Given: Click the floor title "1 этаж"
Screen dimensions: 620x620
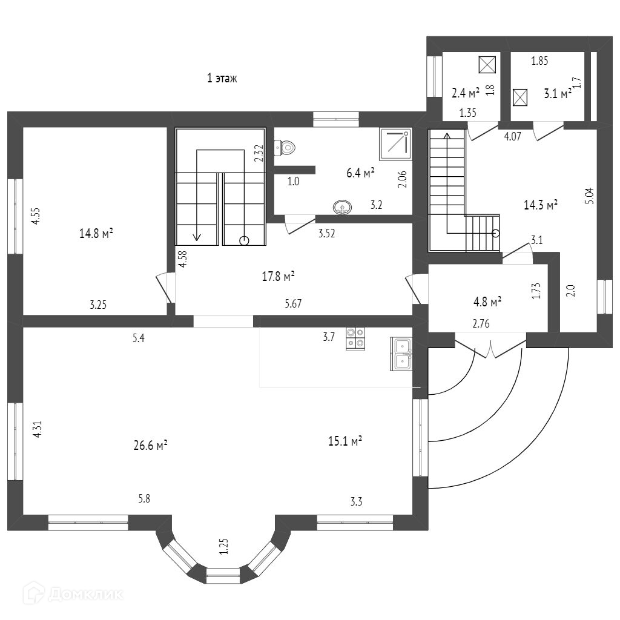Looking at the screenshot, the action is click(x=222, y=78).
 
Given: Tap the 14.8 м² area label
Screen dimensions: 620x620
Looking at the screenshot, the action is click(x=97, y=233).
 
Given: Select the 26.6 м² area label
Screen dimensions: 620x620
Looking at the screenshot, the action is click(x=150, y=446).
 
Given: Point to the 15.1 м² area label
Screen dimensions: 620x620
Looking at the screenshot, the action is click(x=345, y=441).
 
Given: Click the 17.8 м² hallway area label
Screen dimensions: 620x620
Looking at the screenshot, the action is click(x=278, y=277).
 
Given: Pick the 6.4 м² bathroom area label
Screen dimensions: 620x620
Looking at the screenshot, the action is click(x=360, y=173).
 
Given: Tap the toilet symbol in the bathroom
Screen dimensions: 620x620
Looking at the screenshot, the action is click(x=285, y=147).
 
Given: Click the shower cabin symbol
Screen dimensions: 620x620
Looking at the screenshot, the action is click(x=395, y=143).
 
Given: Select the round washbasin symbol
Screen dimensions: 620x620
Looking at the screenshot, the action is click(x=343, y=208).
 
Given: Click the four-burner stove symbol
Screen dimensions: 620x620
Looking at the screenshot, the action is click(x=355, y=338).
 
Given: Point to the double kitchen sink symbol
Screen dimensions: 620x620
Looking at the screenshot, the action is click(x=402, y=354).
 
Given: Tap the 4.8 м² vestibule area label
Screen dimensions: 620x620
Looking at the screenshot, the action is click(x=487, y=301).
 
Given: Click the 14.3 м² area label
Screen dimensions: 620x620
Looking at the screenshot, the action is click(x=540, y=205).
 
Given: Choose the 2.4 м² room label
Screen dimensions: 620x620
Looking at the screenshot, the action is click(x=466, y=93).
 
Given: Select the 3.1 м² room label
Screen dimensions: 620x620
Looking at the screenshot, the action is click(x=557, y=94).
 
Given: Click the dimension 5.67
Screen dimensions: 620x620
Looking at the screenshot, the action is click(x=293, y=305).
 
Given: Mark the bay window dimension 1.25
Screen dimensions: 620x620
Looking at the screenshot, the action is click(x=223, y=546).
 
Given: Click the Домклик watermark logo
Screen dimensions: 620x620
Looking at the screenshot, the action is click(x=67, y=593).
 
